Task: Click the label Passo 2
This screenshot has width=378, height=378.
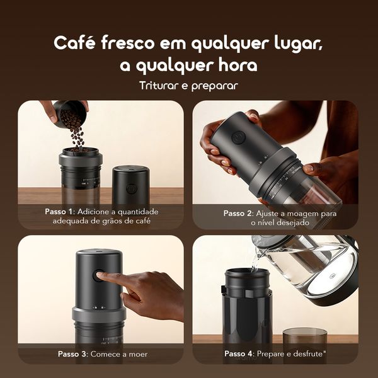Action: pyautogui.click(x=240, y=214)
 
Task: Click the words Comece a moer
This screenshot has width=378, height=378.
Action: pyautogui.click(x=120, y=354)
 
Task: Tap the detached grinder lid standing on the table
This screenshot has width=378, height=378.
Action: pyautogui.click(x=130, y=185)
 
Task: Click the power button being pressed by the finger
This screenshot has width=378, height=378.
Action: pyautogui.click(x=98, y=275)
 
